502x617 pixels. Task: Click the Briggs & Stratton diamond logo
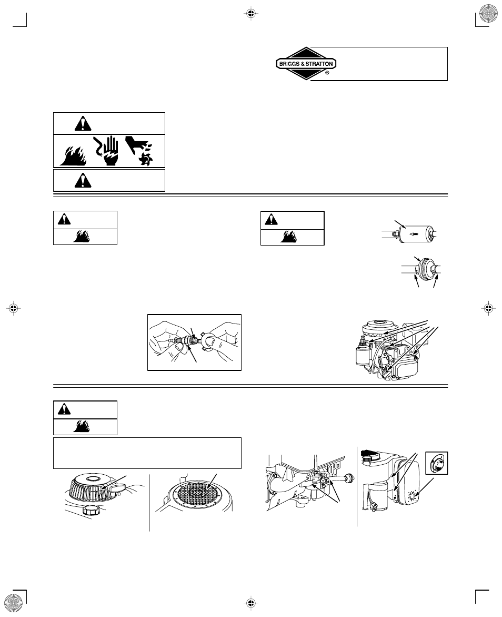[306, 64]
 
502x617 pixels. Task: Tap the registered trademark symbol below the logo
[327, 74]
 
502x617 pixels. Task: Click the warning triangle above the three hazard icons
[82, 123]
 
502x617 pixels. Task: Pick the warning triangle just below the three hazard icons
[82, 181]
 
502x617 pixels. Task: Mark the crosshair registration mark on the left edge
[14, 308]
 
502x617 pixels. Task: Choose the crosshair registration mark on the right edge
[488, 308]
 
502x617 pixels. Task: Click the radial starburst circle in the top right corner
[489, 13]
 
